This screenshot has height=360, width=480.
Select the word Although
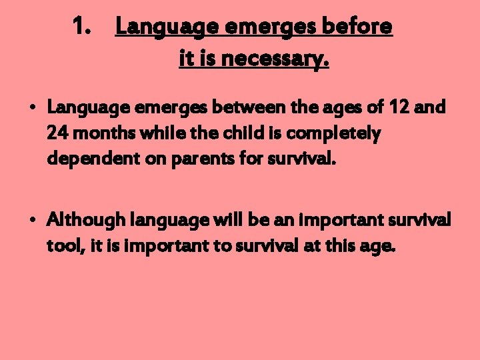tap(85, 219)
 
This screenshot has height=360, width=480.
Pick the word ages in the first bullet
tap(347, 107)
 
